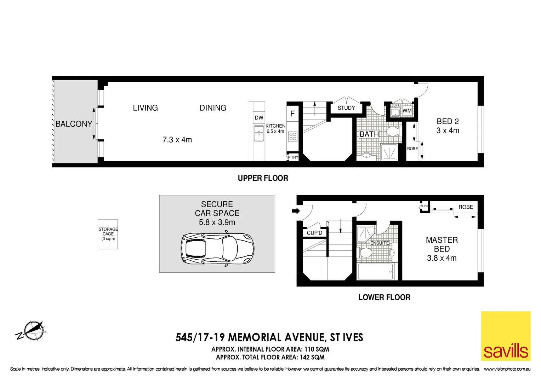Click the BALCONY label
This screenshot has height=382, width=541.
(x=74, y=124)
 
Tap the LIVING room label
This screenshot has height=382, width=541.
(x=145, y=108)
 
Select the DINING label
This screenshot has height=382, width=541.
(x=213, y=108)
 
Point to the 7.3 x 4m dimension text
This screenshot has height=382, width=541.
(x=177, y=140)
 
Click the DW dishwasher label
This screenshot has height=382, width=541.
(x=259, y=118)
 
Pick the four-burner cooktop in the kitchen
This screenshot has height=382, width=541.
(x=293, y=136)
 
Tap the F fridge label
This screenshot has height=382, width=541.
(x=292, y=114)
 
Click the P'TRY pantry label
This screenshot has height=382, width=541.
(x=293, y=157)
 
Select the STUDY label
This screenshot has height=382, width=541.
(x=346, y=108)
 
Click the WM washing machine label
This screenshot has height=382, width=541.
(x=407, y=111)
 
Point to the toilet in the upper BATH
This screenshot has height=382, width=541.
(x=393, y=132)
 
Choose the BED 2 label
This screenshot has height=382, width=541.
(x=448, y=121)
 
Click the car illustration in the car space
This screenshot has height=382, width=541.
(x=217, y=248)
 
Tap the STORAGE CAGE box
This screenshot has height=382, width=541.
(x=108, y=234)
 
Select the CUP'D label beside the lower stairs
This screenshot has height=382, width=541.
(x=314, y=233)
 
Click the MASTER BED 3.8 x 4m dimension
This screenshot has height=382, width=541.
(x=442, y=258)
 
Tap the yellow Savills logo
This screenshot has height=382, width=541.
(x=505, y=336)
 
